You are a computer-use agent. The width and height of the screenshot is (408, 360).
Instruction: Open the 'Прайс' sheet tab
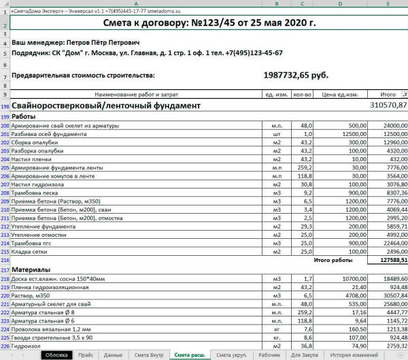pos(86,355)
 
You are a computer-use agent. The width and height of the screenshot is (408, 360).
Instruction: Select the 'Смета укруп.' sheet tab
pos(231,355)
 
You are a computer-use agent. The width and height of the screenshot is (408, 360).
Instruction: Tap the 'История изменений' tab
pos(354,355)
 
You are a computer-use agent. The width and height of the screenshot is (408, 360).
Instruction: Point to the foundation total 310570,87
pos(379,105)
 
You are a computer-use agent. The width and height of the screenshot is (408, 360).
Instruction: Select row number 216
pos(5,260)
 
